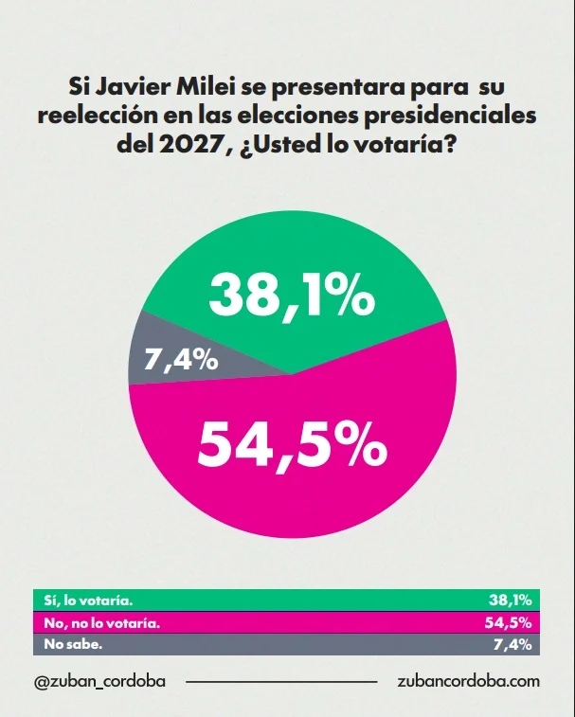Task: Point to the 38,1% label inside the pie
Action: pos(292,296)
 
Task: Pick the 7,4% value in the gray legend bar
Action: pos(514,644)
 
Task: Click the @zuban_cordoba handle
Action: pos(99,680)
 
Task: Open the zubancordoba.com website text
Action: pos(470,680)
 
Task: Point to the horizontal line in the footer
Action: pos(280,681)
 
